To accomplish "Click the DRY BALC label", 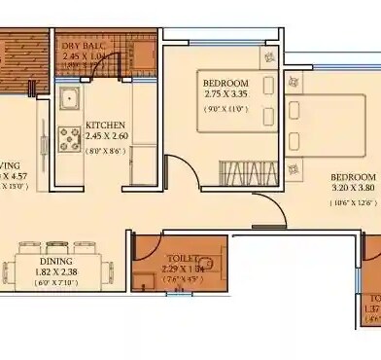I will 84,46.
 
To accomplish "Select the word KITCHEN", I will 106,126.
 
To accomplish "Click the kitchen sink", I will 71,100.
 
